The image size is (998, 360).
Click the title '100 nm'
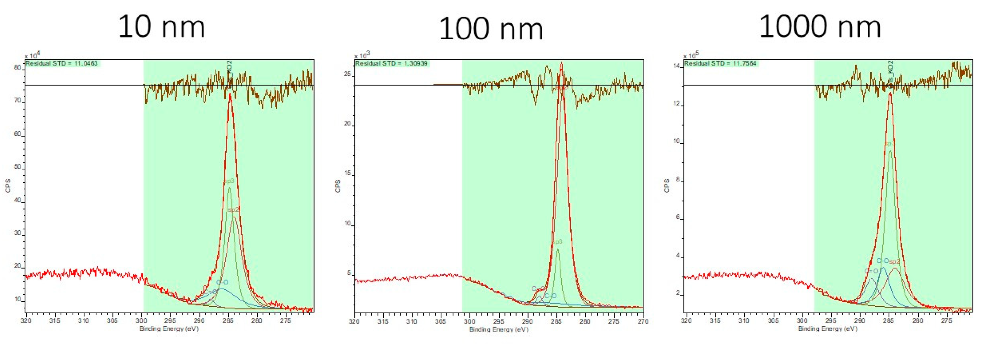click(x=491, y=29)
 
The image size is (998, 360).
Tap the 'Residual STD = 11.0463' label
click(x=62, y=63)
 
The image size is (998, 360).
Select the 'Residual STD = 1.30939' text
click(x=391, y=63)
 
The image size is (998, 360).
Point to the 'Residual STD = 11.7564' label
click(x=720, y=63)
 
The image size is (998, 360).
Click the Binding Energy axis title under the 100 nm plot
click(x=499, y=330)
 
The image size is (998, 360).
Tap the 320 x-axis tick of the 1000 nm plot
click(x=686, y=320)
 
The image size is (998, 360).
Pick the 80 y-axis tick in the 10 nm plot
click(x=18, y=67)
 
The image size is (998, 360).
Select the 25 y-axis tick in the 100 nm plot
click(x=347, y=74)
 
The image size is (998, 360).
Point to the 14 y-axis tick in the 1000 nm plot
click(x=676, y=66)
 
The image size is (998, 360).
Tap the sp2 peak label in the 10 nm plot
click(x=234, y=210)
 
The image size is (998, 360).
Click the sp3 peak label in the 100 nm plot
click(x=557, y=242)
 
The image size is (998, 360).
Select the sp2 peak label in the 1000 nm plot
click(x=894, y=262)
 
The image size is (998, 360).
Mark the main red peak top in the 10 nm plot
click(x=230, y=94)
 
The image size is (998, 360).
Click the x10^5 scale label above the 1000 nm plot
click(x=691, y=55)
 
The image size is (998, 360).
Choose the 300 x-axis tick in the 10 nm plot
click(x=141, y=320)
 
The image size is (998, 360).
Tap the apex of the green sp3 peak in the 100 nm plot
click(x=557, y=249)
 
